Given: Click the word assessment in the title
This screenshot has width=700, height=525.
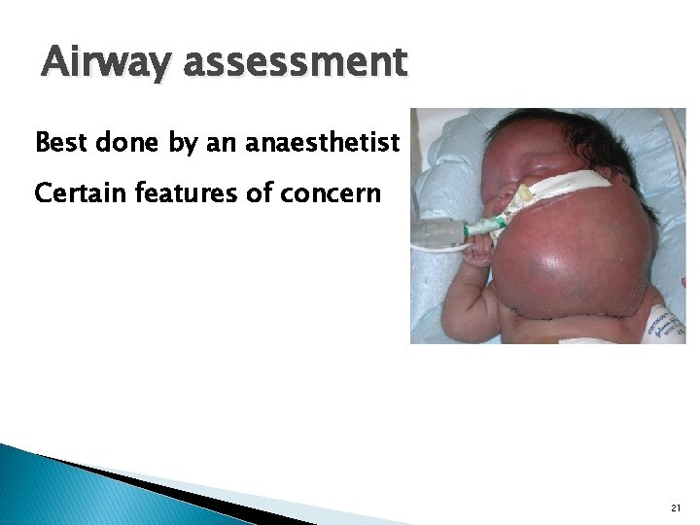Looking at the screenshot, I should [295, 63].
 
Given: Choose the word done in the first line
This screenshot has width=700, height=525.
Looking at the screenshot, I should [129, 144].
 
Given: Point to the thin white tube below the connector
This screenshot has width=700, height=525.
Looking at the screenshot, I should [437, 249].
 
